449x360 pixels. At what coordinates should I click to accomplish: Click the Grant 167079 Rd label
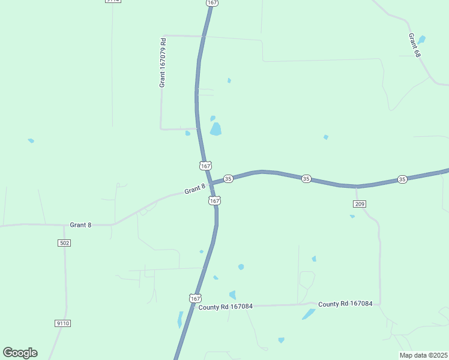coord(162,63)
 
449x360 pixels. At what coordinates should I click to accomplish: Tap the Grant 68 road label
coord(414,45)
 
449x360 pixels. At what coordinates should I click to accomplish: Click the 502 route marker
coord(65,242)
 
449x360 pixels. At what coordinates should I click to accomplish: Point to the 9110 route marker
coord(62,323)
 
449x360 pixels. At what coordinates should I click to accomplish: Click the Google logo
coord(20,353)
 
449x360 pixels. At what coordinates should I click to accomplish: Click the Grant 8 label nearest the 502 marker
coord(80,225)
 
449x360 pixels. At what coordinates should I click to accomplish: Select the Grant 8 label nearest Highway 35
coord(195,190)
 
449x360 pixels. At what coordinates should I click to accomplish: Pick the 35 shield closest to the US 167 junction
coord(228,179)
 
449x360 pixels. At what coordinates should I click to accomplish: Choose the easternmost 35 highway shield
coord(402,179)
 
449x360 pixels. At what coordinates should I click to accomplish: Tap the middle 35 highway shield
coord(306,179)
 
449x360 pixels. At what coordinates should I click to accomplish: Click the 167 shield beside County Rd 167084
coord(194,298)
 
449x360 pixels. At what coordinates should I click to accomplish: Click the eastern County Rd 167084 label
coord(345,304)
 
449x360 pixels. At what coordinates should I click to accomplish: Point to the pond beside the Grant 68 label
coord(421,40)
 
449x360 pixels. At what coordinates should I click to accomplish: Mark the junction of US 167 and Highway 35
coord(210,184)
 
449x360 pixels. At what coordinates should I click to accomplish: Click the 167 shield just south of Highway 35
coord(214,200)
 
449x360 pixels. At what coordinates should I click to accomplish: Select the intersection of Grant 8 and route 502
coord(65,226)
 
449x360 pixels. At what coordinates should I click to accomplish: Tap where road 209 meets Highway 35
coord(356,187)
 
